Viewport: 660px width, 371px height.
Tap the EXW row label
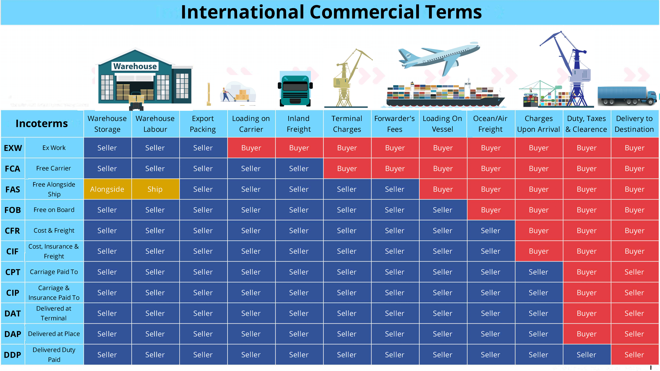(x=13, y=148)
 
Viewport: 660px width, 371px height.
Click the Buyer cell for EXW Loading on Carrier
(x=251, y=148)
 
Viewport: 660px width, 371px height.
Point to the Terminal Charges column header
(x=347, y=124)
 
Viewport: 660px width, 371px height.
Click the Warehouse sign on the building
(x=135, y=66)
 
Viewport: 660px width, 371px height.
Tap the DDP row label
(x=13, y=355)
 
